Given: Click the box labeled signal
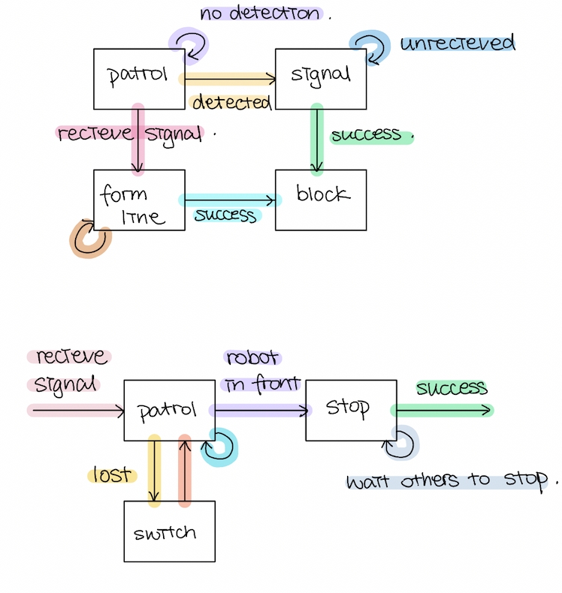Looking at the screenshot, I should [321, 79].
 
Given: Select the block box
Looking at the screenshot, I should [321, 199].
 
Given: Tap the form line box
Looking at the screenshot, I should [139, 200].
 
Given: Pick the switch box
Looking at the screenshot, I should [169, 531].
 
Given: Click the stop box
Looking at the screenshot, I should [351, 410].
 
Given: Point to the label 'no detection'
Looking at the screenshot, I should [259, 14].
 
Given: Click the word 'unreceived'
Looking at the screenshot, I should [457, 43].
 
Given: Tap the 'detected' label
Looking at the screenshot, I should [231, 102].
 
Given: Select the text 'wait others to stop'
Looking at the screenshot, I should [449, 480].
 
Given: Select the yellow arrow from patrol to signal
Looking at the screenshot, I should [228, 78].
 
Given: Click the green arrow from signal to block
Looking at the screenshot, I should [317, 139].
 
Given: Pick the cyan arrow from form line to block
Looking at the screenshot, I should [230, 200].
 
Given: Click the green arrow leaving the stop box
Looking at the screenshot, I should [441, 410].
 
